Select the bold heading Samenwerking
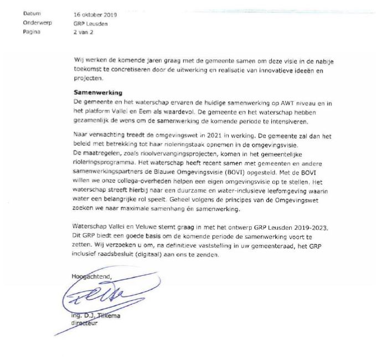coord(97,92)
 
